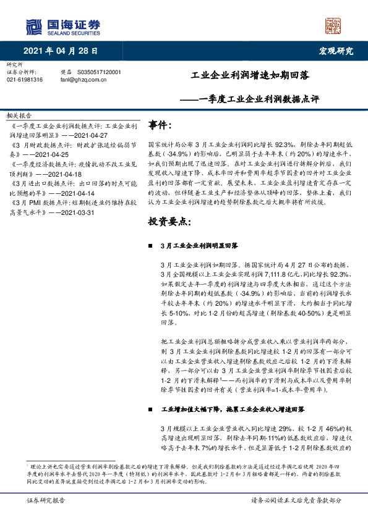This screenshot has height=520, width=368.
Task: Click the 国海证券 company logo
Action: (62, 27)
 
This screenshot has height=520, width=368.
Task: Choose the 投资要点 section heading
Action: (167, 221)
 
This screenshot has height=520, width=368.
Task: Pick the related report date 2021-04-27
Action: (91, 133)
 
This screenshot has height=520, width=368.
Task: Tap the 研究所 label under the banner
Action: (14, 64)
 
